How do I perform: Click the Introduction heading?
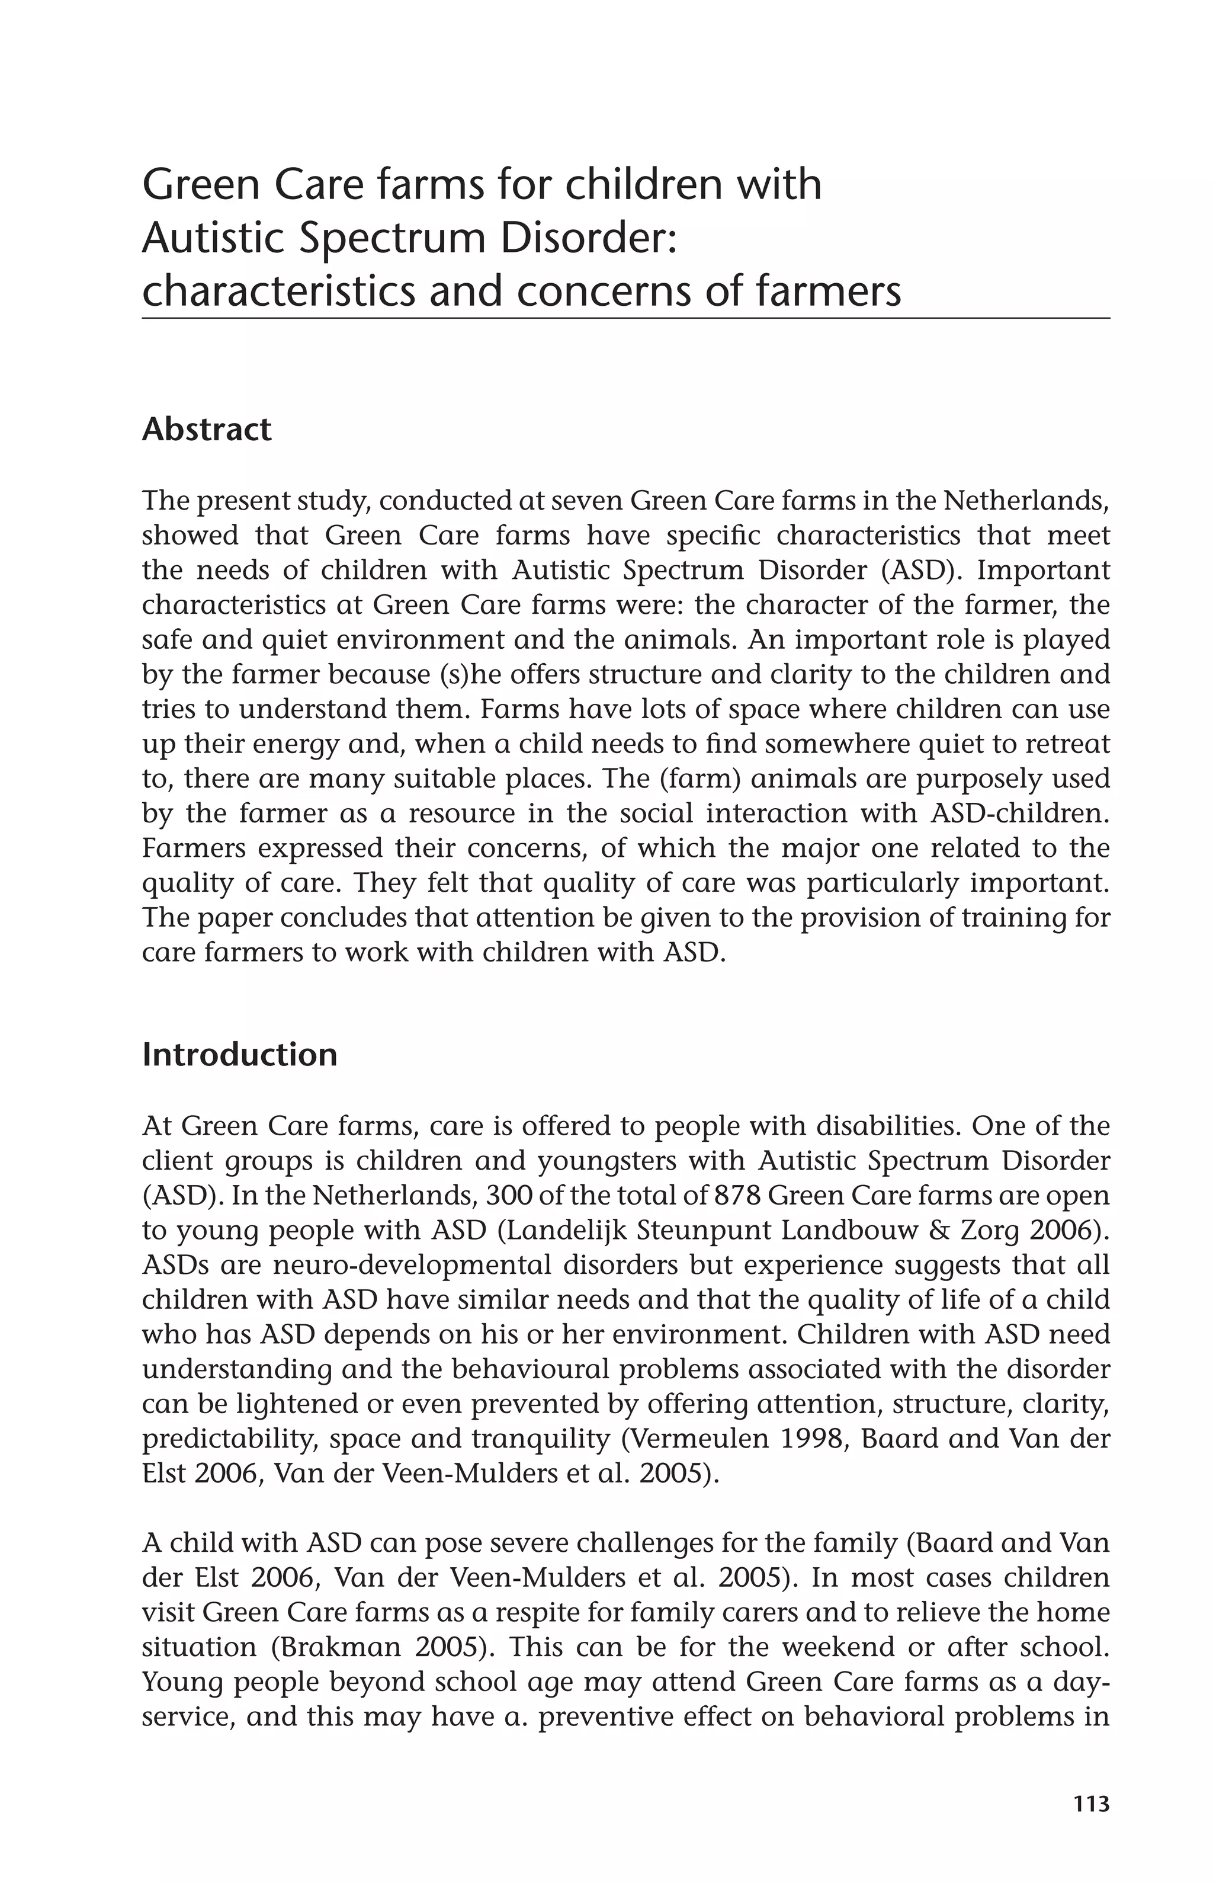click(239, 1055)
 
